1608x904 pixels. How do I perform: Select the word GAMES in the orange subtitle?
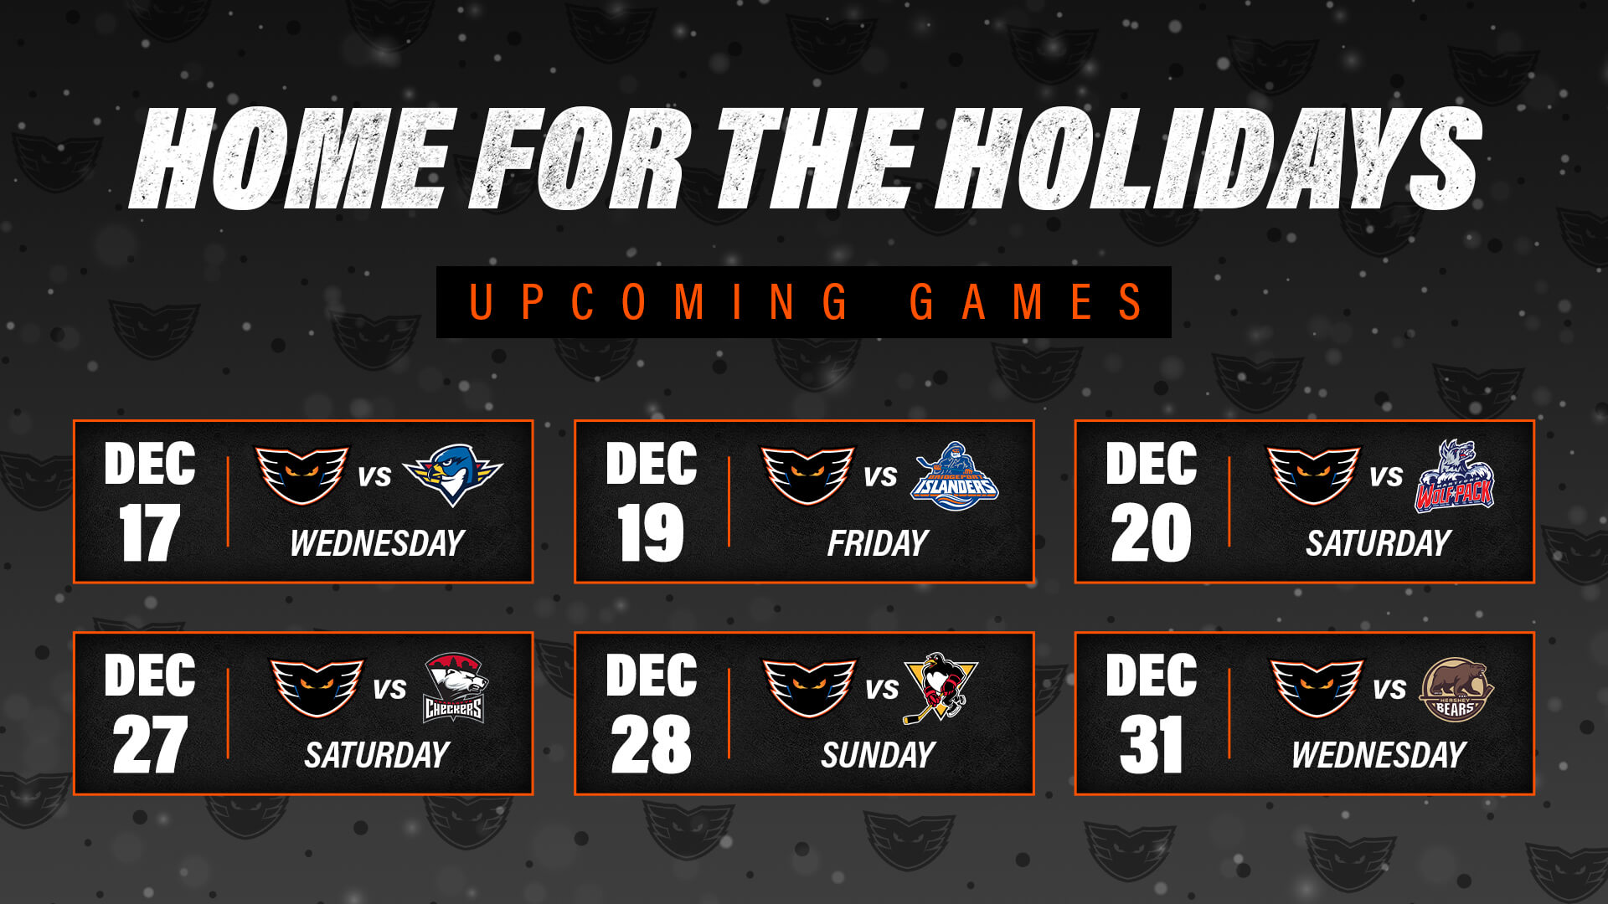point(1026,302)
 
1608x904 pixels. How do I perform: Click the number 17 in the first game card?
point(149,533)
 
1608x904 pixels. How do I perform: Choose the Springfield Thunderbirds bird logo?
point(453,474)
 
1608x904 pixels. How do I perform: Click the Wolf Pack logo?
point(1456,475)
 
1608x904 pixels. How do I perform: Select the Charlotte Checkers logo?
point(454,688)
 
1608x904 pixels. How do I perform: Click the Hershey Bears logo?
point(1456,689)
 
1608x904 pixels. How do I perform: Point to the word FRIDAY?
point(878,544)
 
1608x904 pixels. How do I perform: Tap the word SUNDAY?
point(878,756)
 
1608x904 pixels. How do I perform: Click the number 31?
point(1151,745)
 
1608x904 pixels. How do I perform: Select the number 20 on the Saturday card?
point(1151,533)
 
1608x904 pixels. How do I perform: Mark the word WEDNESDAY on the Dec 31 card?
point(1379,756)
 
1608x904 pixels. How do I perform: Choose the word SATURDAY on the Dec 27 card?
point(377,756)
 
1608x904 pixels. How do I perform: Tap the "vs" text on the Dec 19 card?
point(880,476)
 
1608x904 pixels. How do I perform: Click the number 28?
point(651,745)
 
